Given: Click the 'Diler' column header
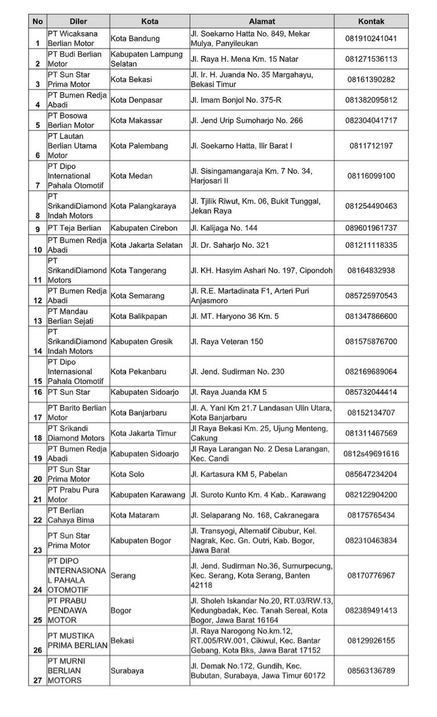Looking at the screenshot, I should pos(78,21).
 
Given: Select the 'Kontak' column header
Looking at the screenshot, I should pos(371,21).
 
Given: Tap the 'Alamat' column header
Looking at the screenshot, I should pos(261,21).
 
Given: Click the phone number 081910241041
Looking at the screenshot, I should pos(371,39).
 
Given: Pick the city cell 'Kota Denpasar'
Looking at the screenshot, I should pos(135,100).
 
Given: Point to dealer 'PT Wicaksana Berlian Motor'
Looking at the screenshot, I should pos(72,39).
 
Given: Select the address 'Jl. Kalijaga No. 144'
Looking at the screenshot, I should pos(224,228).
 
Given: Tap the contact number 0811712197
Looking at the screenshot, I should pos(371,146).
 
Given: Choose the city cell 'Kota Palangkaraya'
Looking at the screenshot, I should pos(144,206).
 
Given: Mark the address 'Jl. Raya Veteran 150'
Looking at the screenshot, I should pos(227,341).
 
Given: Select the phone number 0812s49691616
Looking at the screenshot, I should pos(371,454).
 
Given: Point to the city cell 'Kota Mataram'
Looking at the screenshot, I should pos(135,515).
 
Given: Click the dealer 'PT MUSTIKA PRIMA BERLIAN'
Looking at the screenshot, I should pos(78,640).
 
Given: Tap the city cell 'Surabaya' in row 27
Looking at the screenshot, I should pos(127,671).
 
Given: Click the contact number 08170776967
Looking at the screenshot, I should pos(371,575).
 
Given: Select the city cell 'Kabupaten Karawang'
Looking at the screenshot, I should pos(149,495).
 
